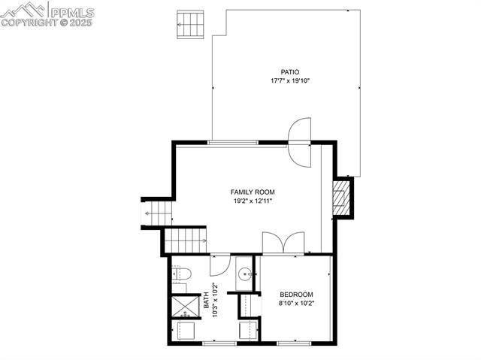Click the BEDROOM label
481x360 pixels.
[x=296, y=295]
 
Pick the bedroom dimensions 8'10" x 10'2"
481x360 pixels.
[x=296, y=303]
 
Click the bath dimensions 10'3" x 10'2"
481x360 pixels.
[x=215, y=299]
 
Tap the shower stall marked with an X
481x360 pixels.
[x=185, y=306]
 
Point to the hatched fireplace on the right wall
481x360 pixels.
[x=343, y=197]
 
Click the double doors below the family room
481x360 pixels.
[x=283, y=243]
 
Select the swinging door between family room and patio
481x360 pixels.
[x=300, y=143]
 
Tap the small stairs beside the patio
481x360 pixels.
[x=191, y=24]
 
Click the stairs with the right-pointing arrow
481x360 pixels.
[x=185, y=241]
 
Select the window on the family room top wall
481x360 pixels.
[x=233, y=142]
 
